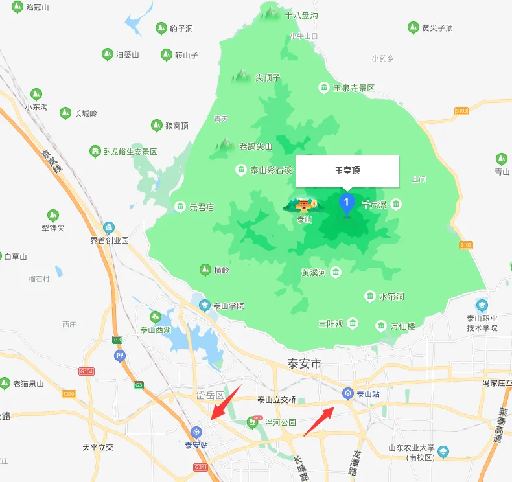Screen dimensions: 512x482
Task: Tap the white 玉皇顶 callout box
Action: pos(347,171)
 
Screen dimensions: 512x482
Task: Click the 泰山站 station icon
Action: pos(348,393)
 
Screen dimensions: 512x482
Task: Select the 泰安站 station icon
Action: pos(196,431)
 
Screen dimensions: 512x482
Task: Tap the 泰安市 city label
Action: pos(304,364)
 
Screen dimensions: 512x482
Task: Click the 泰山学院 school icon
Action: pos(205,305)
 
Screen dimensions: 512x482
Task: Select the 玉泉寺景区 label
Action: pos(354,87)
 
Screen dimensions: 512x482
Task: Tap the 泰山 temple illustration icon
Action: pos(302,205)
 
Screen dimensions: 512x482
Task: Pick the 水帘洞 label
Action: pos(391,296)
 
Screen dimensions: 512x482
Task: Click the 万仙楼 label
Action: pos(402,327)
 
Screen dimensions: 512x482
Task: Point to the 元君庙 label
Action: pos(202,207)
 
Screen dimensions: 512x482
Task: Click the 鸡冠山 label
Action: pos(37,7)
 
